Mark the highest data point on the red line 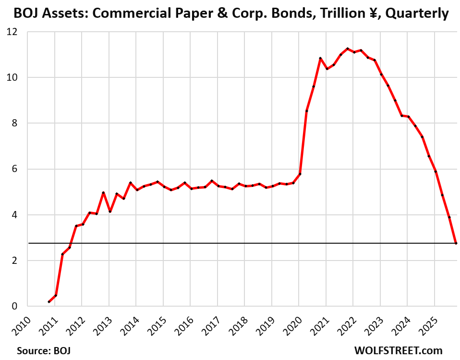[x=347, y=49]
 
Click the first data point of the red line [x=49, y=302]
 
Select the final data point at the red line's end [x=456, y=243]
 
